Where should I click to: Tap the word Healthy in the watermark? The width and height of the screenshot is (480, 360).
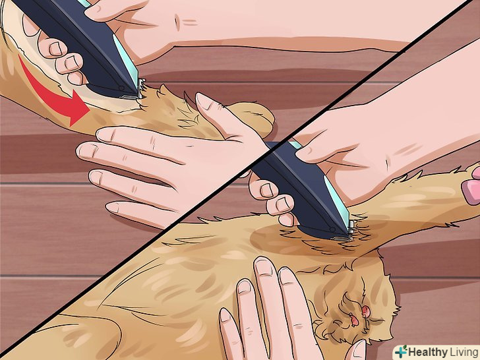(428, 352)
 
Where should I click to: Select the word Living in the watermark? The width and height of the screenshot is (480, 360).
(464, 352)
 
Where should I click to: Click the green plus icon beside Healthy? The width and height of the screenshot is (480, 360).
(401, 351)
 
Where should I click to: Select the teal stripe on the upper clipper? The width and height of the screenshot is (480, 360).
(125, 60)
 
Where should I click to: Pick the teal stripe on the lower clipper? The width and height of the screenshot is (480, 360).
(336, 200)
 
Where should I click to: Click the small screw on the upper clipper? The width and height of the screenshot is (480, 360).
(121, 88)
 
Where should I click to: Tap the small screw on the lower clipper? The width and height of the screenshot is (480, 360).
(333, 229)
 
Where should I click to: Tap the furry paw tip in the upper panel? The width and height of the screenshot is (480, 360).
(254, 118)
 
